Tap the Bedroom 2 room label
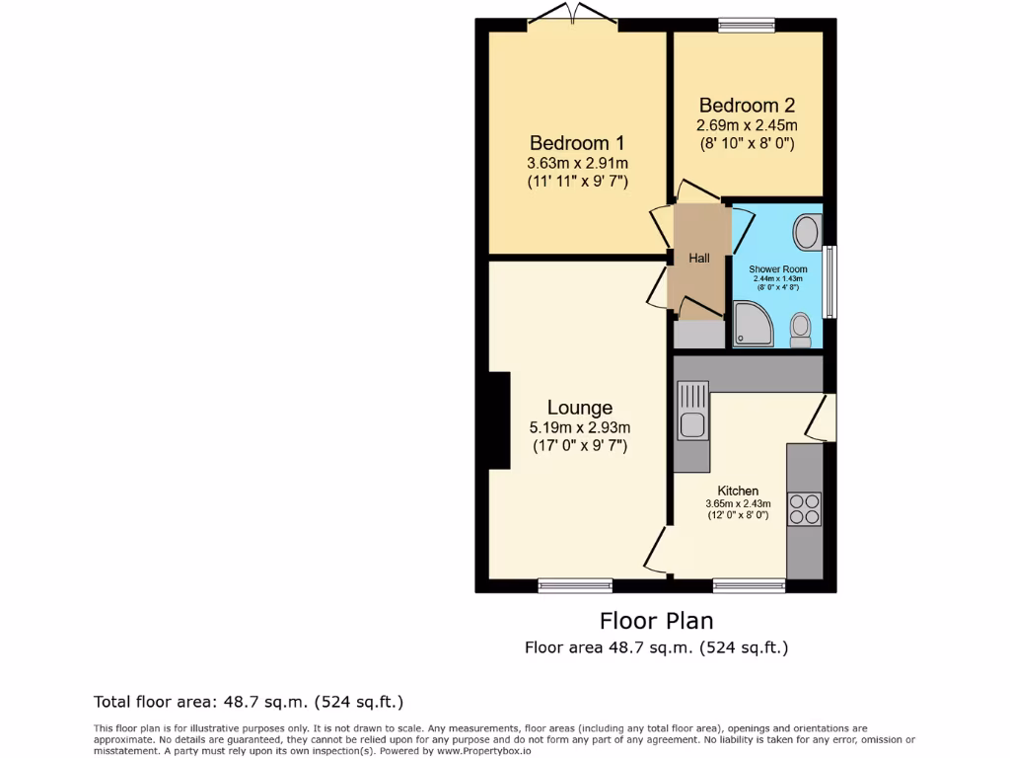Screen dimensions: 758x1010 (x=747, y=106)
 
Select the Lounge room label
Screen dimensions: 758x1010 (x=580, y=408)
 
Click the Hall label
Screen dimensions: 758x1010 (x=698, y=259)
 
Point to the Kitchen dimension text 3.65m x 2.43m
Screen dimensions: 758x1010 (x=738, y=503)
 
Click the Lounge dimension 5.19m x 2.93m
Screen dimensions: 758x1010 (x=580, y=427)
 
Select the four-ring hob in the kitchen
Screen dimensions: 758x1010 (x=804, y=508)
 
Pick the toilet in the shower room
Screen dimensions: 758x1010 (x=801, y=330)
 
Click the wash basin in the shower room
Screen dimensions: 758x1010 (x=807, y=234)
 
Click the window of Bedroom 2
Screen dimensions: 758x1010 (x=747, y=25)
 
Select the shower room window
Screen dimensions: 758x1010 (x=830, y=281)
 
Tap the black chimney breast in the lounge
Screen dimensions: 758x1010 (x=499, y=420)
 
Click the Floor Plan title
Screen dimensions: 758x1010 (x=656, y=621)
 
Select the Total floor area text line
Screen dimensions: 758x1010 (x=249, y=702)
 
